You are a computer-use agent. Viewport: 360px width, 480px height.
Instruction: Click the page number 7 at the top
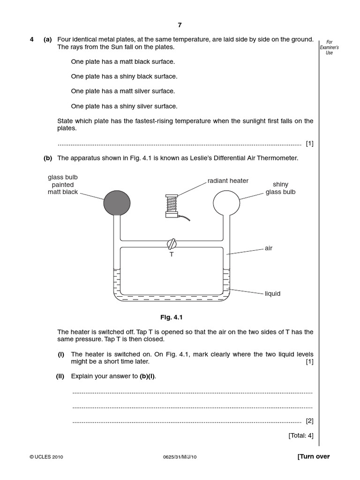click(179, 25)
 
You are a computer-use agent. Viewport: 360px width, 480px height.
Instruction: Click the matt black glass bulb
click(117, 202)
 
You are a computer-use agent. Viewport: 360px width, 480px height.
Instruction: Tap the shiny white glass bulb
click(227, 202)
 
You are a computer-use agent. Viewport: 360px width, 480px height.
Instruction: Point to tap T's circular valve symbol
click(172, 244)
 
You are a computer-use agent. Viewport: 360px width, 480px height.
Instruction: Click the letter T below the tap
click(172, 254)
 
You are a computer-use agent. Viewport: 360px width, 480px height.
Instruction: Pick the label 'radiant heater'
click(228, 180)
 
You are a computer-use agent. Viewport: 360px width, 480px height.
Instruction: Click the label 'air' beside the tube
click(269, 248)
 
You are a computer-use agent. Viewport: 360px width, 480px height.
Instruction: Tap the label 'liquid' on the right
click(272, 293)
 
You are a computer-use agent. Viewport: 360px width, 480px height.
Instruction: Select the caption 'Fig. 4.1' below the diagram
click(171, 317)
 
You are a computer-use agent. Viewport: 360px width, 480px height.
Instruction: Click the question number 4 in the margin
click(32, 40)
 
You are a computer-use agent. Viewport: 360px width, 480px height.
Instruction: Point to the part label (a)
click(48, 40)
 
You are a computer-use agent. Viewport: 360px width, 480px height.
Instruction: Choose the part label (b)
click(48, 158)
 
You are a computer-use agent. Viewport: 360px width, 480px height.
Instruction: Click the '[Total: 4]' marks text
click(301, 435)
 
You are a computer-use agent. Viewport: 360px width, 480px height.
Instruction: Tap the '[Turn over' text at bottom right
click(313, 457)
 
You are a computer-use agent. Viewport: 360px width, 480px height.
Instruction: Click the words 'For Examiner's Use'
click(329, 47)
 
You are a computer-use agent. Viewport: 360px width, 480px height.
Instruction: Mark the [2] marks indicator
click(309, 421)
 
